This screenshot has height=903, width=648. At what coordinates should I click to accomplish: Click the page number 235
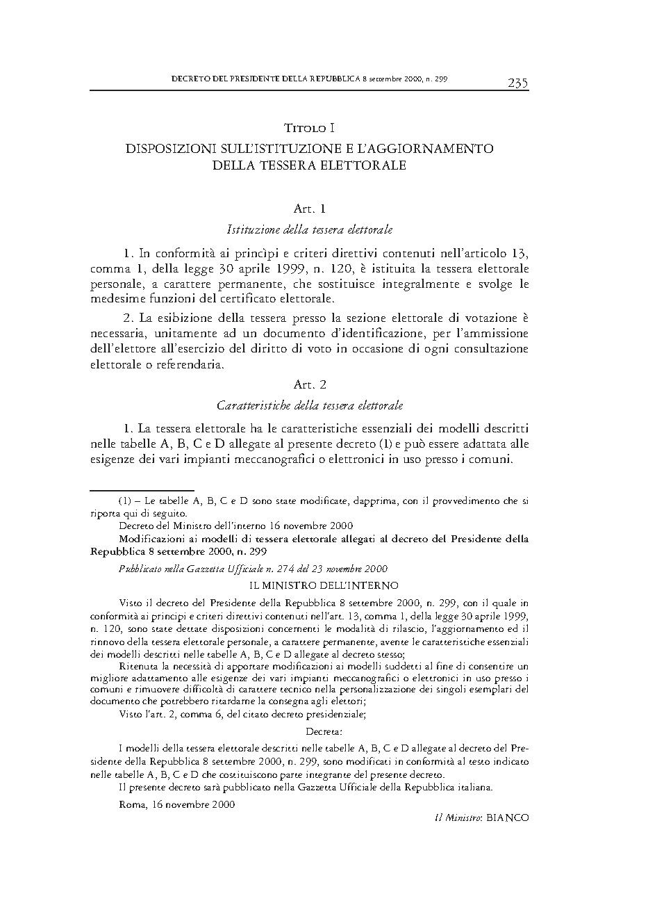(517, 83)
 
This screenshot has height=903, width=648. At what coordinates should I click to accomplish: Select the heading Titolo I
(309, 128)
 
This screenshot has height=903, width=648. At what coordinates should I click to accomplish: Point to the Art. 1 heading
(310, 208)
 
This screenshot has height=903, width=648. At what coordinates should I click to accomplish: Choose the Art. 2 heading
(310, 384)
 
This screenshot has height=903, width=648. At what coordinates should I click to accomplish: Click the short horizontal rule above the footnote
(142, 489)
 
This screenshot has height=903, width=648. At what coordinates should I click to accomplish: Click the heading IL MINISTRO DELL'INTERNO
(309, 585)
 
